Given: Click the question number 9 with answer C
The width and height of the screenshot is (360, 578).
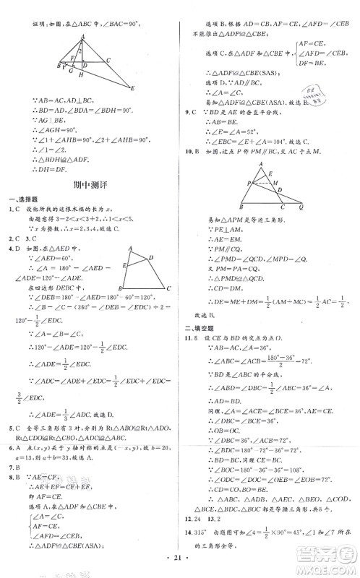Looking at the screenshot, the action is click(188, 114).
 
